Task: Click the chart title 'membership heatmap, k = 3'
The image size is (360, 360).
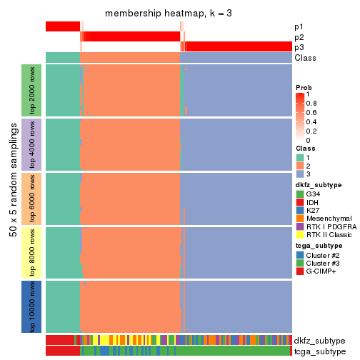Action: coord(169,14)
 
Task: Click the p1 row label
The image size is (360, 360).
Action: coord(299,26)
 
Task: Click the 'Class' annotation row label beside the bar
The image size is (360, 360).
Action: coord(305,58)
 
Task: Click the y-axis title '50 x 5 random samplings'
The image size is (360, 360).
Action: coord(12,198)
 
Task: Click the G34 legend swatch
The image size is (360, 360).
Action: coord(300,194)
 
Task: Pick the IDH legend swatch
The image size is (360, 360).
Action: coord(300,203)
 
